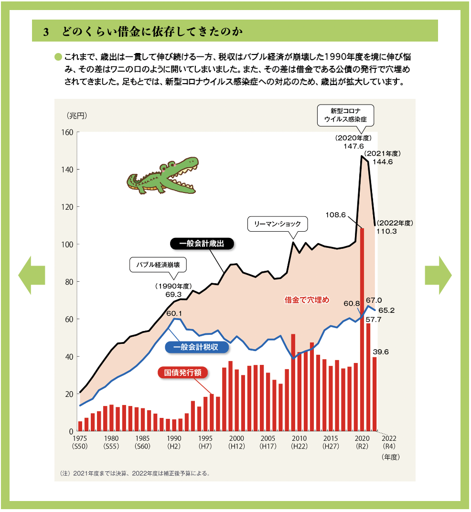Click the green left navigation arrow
pos(32,275)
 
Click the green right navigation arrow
pos(438,275)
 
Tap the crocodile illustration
pos(163,175)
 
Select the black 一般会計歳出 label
pos(202,244)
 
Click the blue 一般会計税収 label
pos(196,347)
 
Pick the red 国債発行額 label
pos(182,373)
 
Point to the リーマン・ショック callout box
pos(278,224)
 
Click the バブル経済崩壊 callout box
pos(158,265)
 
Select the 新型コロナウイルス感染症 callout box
pos(345,115)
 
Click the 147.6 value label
pos(353,146)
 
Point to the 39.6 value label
pos(381,352)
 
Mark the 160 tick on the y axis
pos(67,132)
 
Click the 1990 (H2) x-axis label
pos(174,442)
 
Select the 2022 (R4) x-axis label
pos(389,442)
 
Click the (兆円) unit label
pos(77,116)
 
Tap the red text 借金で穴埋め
pos(307,300)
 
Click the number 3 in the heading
pos(46,32)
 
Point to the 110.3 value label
pos(387,231)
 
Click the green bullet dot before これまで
pos(58,57)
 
